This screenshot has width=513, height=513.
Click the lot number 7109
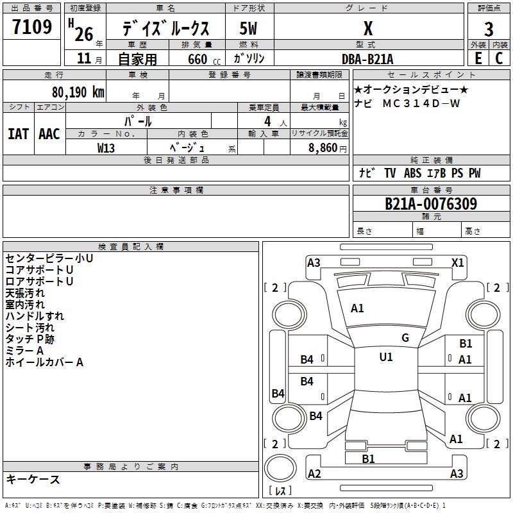tap(32, 27)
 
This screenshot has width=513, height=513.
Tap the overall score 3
tap(489, 29)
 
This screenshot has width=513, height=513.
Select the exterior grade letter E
tap(478, 58)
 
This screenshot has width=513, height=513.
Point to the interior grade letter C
tap(499, 58)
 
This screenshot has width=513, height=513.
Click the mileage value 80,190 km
tap(78, 92)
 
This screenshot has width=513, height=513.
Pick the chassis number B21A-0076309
tap(431, 204)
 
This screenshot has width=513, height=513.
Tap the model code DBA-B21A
tap(367, 59)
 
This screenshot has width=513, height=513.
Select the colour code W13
tap(106, 148)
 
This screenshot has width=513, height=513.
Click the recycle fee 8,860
tap(323, 148)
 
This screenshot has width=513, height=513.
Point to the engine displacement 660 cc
tap(204, 60)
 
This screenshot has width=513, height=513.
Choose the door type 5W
tap(248, 28)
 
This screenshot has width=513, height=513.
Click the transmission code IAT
tap(19, 134)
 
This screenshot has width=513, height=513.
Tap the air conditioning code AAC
tap(49, 134)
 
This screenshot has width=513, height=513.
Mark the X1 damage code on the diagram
tap(457, 263)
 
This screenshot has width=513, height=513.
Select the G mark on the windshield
tap(405, 338)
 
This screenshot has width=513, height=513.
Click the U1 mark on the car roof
tap(386, 357)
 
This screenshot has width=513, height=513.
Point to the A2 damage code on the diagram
tap(314, 474)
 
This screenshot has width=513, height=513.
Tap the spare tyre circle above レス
tap(280, 468)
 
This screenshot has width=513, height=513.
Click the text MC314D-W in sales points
tap(421, 103)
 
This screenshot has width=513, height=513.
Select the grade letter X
tap(368, 28)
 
